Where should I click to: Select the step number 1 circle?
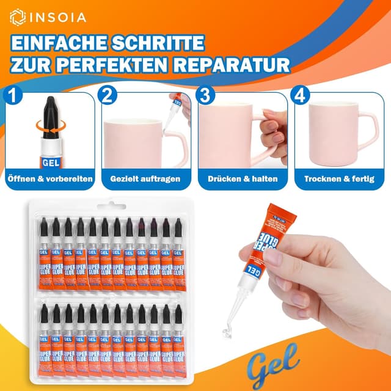point(12,95)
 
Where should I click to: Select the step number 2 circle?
point(108,95)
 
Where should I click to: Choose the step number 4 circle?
point(299,95)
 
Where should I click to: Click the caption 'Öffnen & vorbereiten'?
point(49,179)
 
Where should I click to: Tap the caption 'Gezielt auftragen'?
point(145,179)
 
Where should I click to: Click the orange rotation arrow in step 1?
point(42,125)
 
